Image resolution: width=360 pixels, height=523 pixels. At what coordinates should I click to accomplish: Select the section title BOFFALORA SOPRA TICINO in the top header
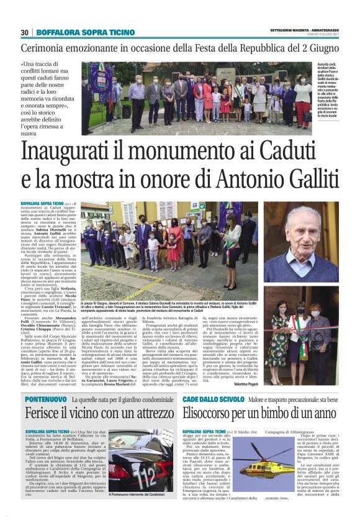(85, 32)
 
